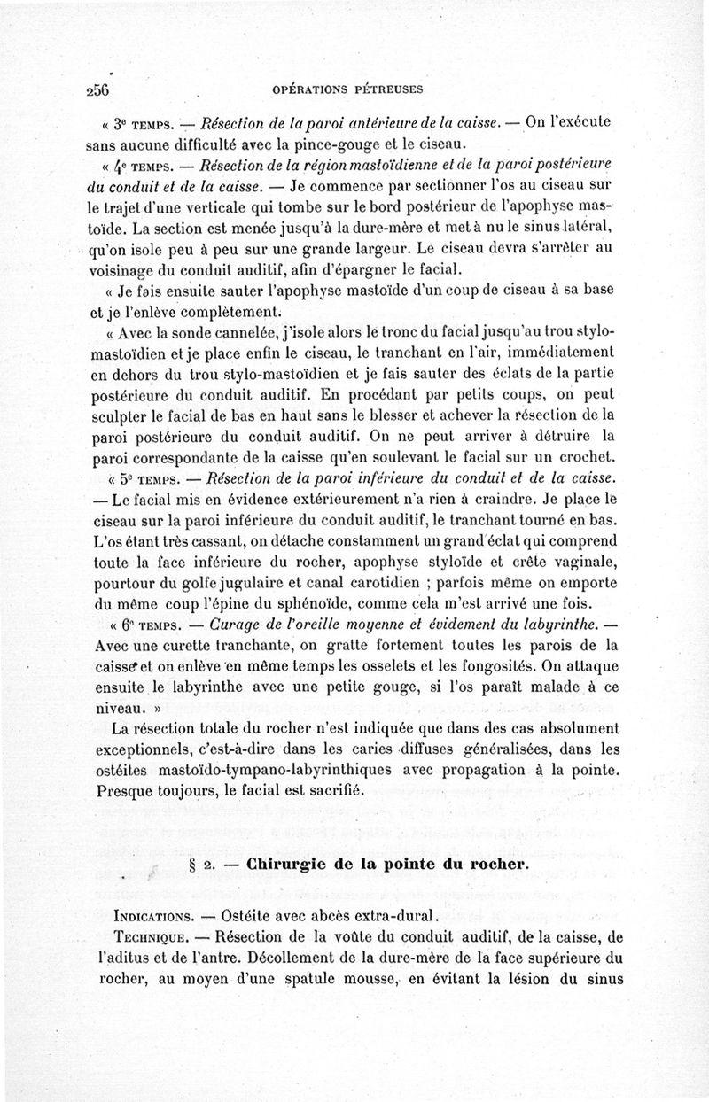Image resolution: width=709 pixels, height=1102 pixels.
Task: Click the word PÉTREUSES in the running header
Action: (388, 89)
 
